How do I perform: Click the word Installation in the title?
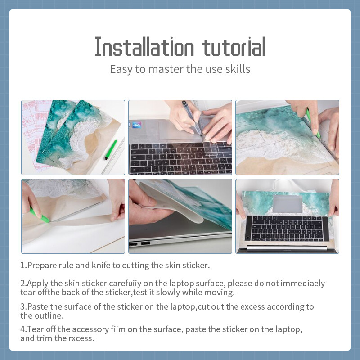[x=144, y=47]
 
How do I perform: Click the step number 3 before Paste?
[x=22, y=307]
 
